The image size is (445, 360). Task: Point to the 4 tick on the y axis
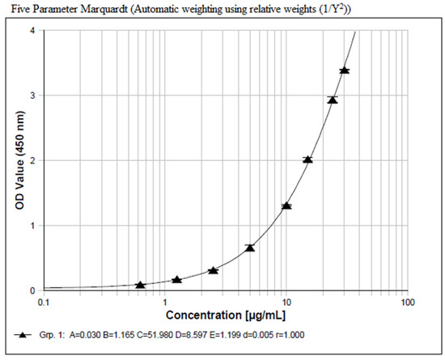(x=32, y=31)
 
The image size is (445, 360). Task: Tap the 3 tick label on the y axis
(x=32, y=95)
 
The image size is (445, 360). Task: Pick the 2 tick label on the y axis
(x=32, y=160)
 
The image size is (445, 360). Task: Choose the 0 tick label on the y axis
(x=32, y=290)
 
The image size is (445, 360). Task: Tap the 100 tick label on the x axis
(x=407, y=301)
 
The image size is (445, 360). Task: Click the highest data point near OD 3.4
(x=345, y=70)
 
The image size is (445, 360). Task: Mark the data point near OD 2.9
(x=332, y=100)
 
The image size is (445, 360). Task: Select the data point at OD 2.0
(x=307, y=159)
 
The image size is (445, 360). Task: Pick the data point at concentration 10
(x=286, y=205)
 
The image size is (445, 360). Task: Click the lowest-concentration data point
(x=141, y=285)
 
